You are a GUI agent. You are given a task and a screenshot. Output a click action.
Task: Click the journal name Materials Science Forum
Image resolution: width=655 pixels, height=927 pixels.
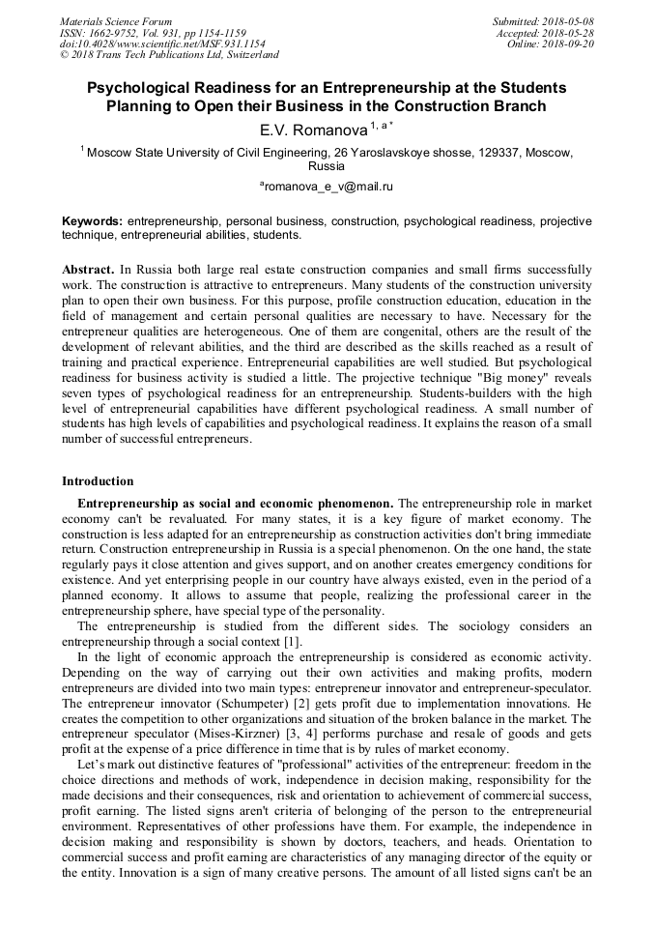pos(116,21)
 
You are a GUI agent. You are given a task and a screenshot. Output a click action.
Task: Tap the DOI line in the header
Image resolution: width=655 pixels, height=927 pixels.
pos(162,43)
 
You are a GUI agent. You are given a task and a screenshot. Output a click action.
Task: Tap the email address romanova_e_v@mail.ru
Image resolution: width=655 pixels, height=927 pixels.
pos(327,186)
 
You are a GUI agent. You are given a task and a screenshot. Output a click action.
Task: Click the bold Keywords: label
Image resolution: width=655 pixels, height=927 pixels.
pos(93,221)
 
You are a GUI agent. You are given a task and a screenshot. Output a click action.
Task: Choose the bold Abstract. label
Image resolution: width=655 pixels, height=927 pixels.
pos(89,269)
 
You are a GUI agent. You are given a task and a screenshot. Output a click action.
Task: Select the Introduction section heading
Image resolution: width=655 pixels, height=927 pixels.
pos(98,480)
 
